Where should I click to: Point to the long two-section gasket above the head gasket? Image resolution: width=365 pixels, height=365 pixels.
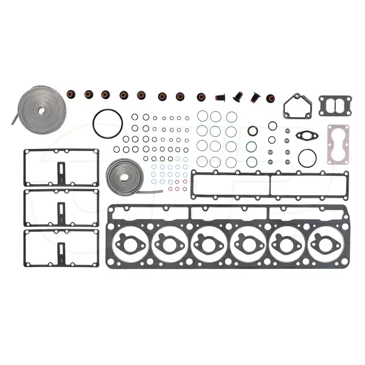pos(268,184)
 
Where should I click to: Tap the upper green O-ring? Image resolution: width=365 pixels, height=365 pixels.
pos(251,147)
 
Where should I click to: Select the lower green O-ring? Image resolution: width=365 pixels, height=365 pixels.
pos(251,161)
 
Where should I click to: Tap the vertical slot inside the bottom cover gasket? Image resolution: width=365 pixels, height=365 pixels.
pos(61,251)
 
